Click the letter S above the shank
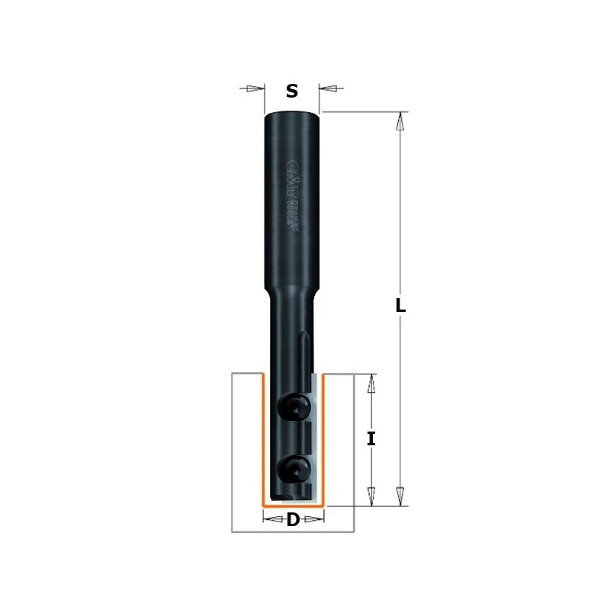coord(291,91)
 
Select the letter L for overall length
coord(401,307)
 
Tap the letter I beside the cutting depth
coord(371,438)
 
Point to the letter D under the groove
coord(293,521)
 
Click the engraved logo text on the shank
coord(291,194)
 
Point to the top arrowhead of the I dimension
coord(371,383)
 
